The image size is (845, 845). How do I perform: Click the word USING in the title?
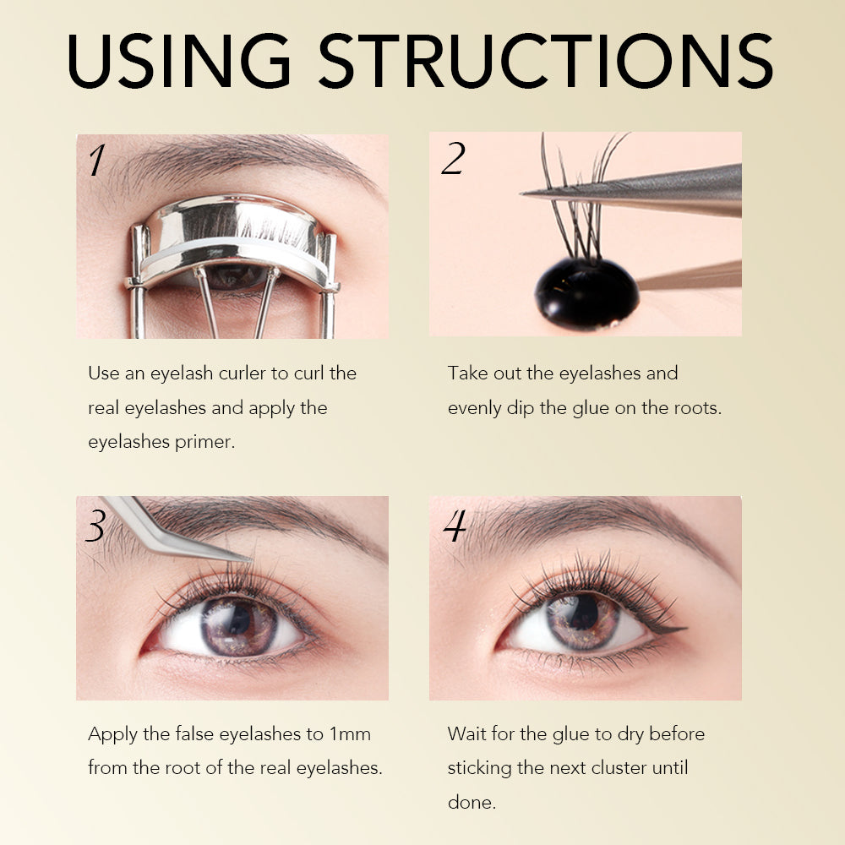click(179, 60)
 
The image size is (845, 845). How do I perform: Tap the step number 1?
click(97, 160)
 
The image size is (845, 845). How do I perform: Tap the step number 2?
click(453, 159)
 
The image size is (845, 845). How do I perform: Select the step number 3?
click(96, 526)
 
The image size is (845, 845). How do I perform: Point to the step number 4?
click(455, 526)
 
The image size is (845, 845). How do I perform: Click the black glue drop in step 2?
click(587, 292)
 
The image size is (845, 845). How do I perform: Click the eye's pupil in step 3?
click(239, 619)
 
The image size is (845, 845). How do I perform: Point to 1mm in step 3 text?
click(350, 734)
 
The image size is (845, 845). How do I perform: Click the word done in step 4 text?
click(472, 803)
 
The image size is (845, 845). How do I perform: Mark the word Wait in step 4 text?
click(466, 734)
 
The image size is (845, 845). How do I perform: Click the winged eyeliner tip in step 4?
click(685, 629)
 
